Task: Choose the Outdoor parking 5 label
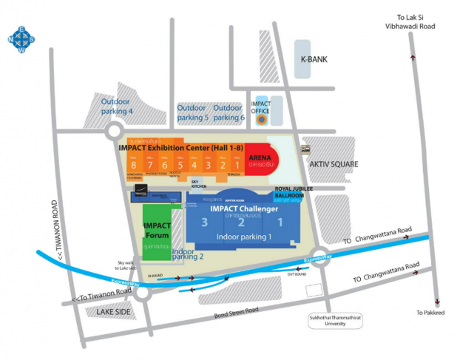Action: [192, 112]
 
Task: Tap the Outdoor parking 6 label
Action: [229, 112]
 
